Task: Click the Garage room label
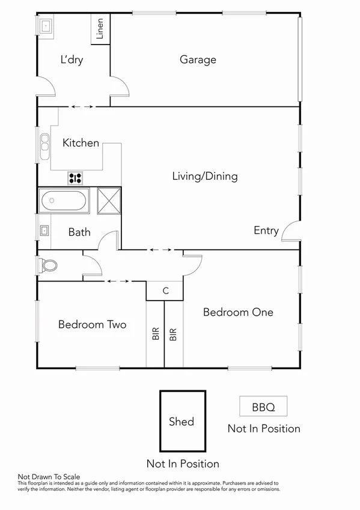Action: point(198,60)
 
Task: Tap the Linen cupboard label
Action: point(100,29)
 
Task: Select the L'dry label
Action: point(72,60)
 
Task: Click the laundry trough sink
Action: point(46,25)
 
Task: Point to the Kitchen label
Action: point(81,143)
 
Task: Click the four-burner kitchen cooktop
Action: point(75,177)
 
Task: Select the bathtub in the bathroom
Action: point(64,200)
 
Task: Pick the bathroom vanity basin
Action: point(44,230)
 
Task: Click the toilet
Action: point(48,265)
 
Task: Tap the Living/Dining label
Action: point(204,176)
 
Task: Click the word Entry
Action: point(266,230)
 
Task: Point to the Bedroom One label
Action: point(238,312)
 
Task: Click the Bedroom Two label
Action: point(92,324)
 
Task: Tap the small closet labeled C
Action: point(165,291)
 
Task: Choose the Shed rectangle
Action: point(182,421)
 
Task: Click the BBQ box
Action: point(263,407)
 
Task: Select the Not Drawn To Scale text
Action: point(49,476)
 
